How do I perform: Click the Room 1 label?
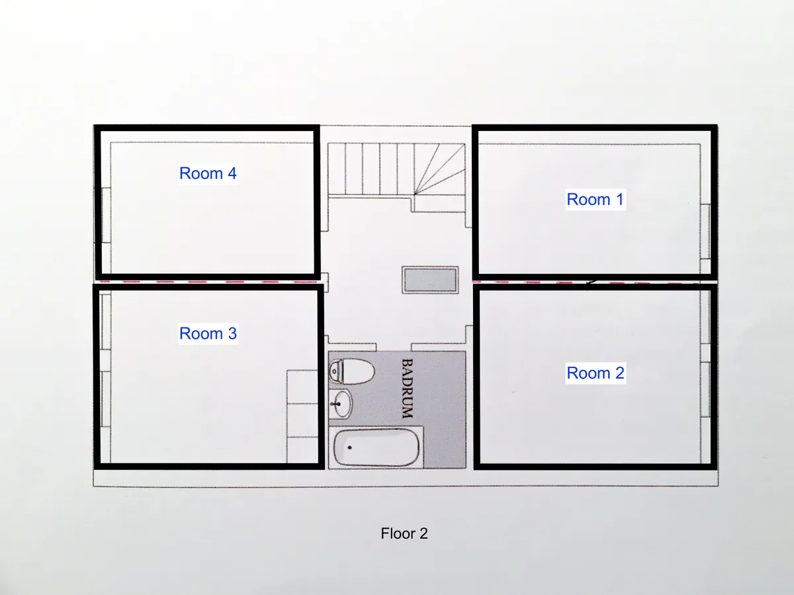[595, 199]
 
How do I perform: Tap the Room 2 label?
[595, 373]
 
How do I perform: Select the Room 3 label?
[208, 333]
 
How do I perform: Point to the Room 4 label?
[208, 173]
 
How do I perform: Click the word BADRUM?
[408, 389]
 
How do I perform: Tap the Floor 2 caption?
[404, 533]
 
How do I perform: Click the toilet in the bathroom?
[351, 371]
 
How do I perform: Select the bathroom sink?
[340, 404]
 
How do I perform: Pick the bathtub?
[376, 447]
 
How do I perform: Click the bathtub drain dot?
[349, 447]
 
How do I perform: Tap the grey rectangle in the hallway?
[430, 280]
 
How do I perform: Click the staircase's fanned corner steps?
[440, 169]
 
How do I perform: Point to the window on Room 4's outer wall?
[106, 215]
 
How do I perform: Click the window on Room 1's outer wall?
[705, 232]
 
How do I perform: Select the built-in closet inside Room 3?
[302, 416]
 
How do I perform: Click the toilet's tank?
[335, 371]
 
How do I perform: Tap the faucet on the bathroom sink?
[336, 404]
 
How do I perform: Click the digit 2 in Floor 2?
[423, 533]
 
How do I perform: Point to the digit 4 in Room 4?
[232, 173]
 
